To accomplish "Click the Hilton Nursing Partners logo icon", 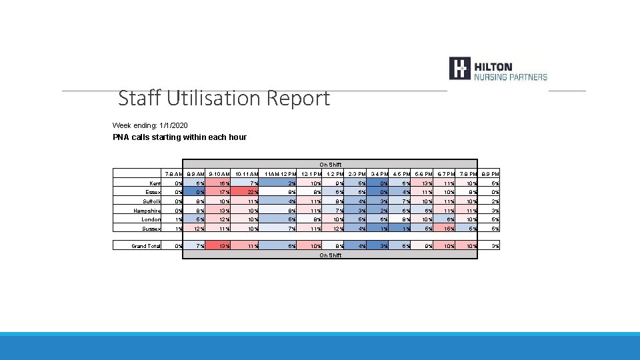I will tap(460, 69).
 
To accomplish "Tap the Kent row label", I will tap(155, 183).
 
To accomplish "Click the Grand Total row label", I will tap(145, 246).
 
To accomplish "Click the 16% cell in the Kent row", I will tap(223, 183).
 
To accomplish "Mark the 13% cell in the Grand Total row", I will tap(223, 246).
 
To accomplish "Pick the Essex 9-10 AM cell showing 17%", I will tap(223, 192).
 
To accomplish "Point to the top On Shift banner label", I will tap(330, 164).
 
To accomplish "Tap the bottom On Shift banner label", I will tap(330, 255).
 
